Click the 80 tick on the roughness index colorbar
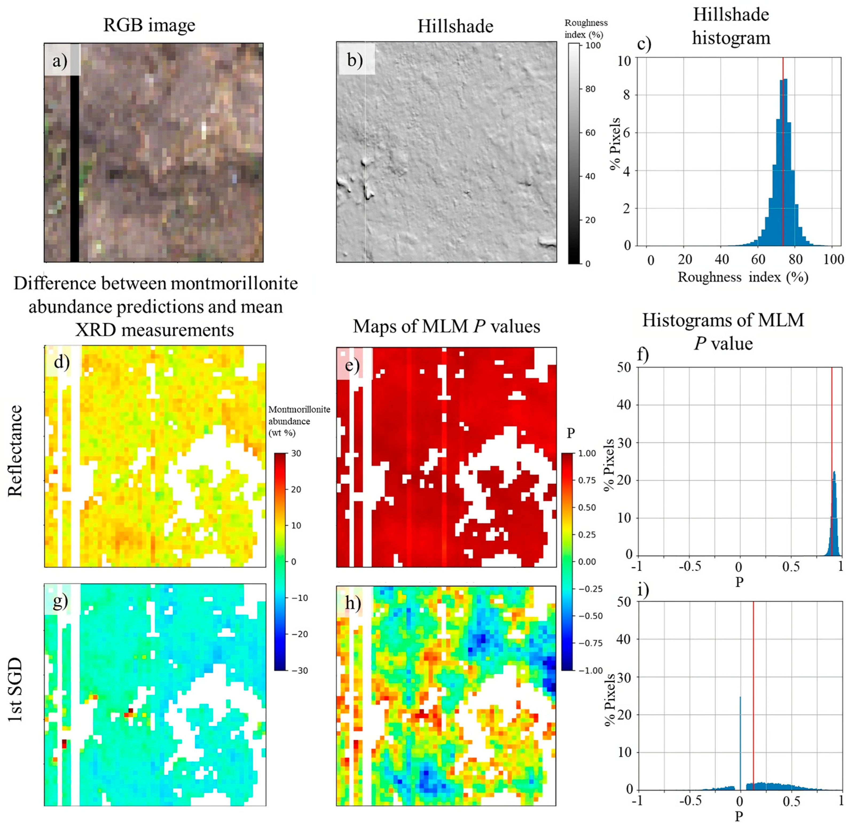[590, 89]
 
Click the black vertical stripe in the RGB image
[74, 170]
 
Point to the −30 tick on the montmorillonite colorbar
[299, 671]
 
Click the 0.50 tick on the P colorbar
[587, 508]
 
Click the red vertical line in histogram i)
[753, 697]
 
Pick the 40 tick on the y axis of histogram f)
[624, 405]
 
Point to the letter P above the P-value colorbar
[571, 433]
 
